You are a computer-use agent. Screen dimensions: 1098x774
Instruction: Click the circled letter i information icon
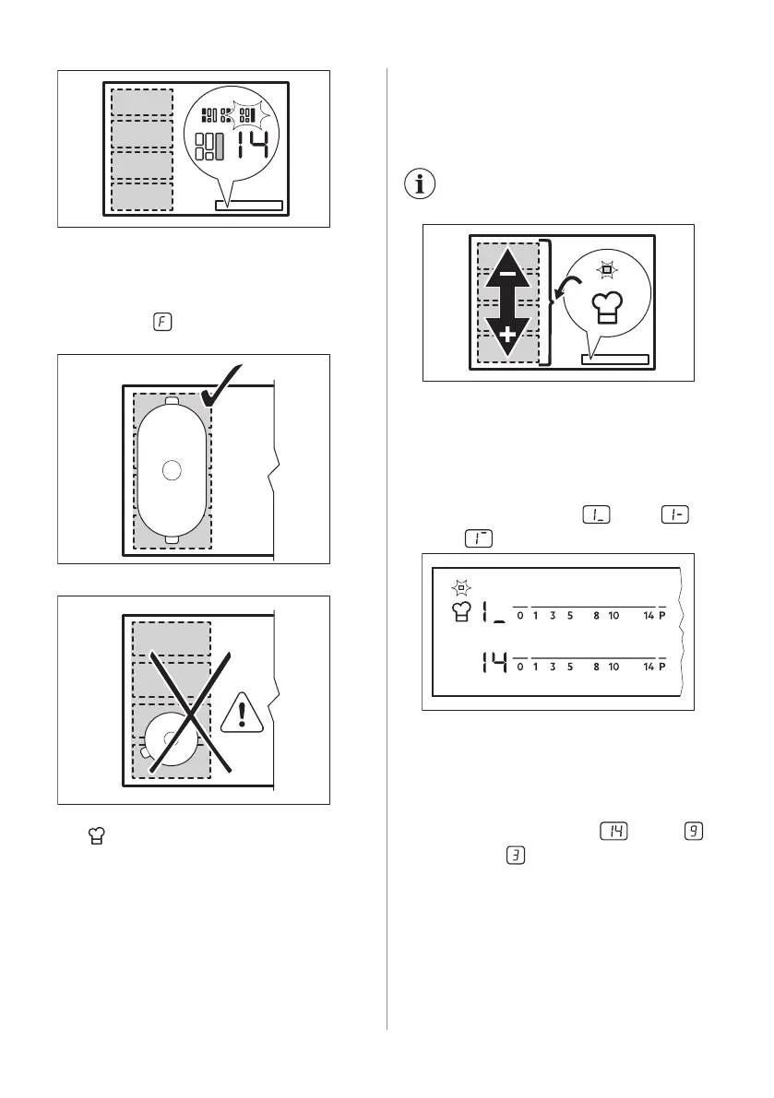[x=421, y=184]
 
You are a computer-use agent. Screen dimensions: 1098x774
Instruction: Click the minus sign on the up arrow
[x=506, y=276]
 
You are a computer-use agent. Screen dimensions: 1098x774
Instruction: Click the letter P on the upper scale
[x=661, y=616]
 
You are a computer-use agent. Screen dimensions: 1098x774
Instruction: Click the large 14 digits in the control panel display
[x=493, y=664]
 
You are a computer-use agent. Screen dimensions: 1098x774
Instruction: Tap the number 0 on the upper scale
[x=520, y=616]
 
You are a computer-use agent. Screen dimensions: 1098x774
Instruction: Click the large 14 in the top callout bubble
[x=251, y=146]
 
